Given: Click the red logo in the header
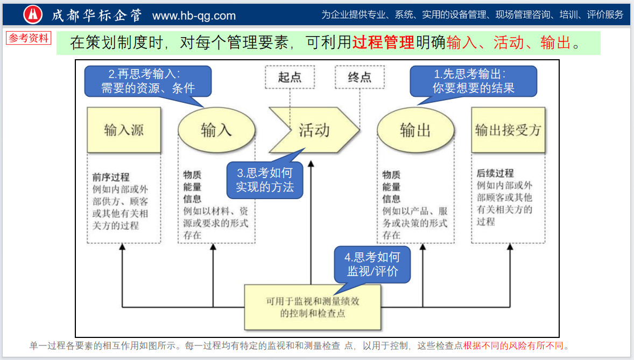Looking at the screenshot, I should (x=33, y=15).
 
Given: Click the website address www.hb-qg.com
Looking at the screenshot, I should (x=194, y=16).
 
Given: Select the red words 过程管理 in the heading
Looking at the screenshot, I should (x=383, y=43).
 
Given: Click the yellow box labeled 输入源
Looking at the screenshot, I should (x=124, y=130).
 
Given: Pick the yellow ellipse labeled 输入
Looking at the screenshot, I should (x=216, y=130).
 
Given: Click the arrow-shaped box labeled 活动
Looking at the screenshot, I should (x=314, y=130).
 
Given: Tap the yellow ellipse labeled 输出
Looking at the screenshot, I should (x=415, y=130).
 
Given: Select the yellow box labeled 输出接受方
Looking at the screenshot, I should (x=508, y=130).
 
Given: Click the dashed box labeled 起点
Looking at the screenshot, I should (x=290, y=77).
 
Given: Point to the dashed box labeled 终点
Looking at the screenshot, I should (x=360, y=77).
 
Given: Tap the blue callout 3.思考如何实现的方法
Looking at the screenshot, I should (x=265, y=180).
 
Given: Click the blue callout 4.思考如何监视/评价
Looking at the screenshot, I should (x=372, y=264).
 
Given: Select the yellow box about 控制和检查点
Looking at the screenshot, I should (x=312, y=307).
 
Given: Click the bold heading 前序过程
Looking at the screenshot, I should (x=111, y=177).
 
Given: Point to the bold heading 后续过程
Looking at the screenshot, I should (x=495, y=173).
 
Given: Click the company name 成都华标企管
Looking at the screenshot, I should (x=97, y=15).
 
